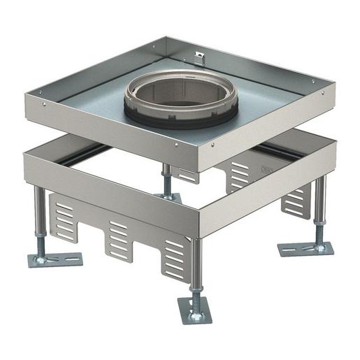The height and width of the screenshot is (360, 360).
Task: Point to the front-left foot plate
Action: pos(54,259)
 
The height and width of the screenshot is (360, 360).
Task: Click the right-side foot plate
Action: pos(305,249)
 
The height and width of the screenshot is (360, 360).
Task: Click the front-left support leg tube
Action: pos(39,213)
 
